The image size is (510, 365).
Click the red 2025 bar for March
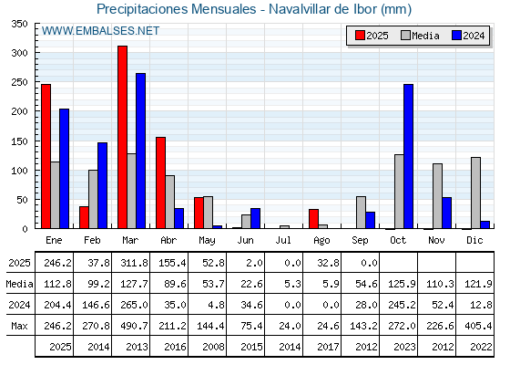tap(123, 137)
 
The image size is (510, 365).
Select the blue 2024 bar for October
tap(409, 156)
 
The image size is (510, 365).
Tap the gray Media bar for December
tap(475, 193)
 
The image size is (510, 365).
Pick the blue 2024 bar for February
tap(102, 185)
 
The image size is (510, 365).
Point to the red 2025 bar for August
tap(314, 219)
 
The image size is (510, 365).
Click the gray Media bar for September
tap(361, 213)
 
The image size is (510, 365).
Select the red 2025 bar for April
tap(160, 182)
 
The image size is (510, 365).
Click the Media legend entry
tap(420, 36)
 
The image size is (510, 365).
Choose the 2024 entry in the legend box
tap(468, 36)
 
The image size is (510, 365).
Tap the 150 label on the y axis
tap(19, 141)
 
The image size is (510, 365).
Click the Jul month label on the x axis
tap(283, 241)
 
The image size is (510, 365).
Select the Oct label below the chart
tap(398, 241)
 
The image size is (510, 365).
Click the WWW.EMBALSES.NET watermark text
tap(100, 31)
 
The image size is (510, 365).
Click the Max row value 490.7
tap(135, 326)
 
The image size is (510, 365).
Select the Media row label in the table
tap(19, 284)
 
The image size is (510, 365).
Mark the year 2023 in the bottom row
tap(404, 347)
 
